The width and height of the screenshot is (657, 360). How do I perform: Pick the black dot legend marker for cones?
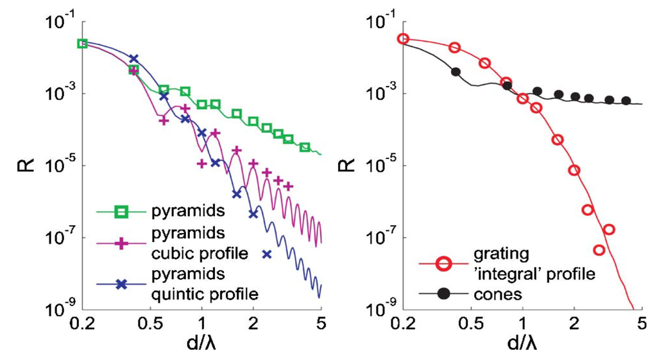pyautogui.click(x=443, y=294)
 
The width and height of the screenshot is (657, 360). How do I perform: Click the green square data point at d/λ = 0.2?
pyautogui.click(x=82, y=44)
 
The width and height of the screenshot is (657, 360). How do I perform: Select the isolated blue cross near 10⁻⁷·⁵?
pyautogui.click(x=267, y=255)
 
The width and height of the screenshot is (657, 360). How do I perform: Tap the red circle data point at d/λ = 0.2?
pyautogui.click(x=403, y=39)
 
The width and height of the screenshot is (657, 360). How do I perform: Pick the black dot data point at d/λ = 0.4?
pyautogui.click(x=456, y=71)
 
